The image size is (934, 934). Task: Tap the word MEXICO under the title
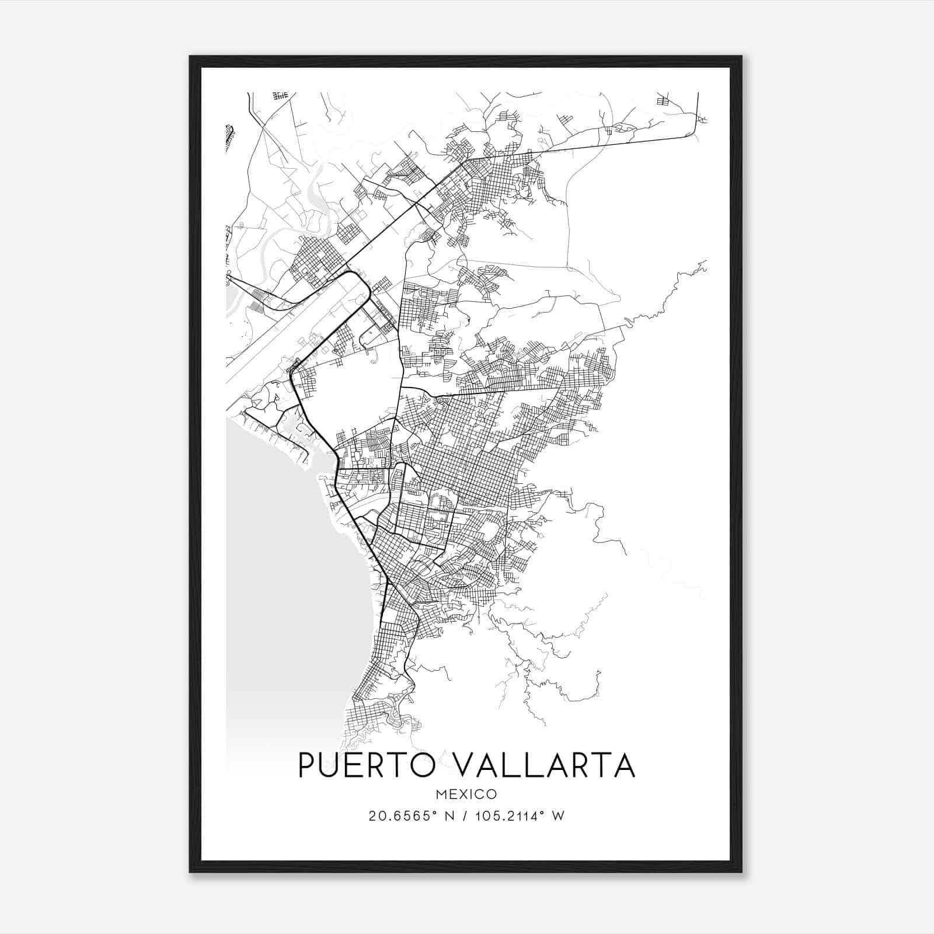coord(466,794)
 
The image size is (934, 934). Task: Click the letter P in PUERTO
coord(308,765)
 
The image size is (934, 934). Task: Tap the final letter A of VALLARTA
coord(623,765)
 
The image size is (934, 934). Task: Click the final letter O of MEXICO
coord(492,794)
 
